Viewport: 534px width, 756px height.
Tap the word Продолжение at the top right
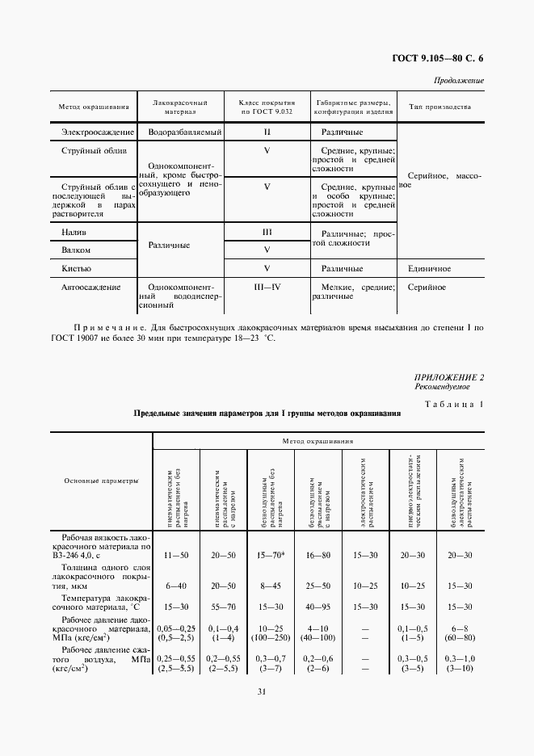[459, 81]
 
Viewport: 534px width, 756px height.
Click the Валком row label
[76, 250]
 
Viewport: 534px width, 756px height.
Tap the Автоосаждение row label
[90, 287]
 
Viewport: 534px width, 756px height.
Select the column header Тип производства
[439, 107]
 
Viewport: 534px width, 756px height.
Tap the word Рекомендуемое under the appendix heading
[441, 387]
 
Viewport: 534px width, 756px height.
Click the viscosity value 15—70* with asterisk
[267, 556]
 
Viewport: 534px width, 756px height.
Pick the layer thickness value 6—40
[175, 585]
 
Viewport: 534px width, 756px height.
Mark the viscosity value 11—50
[175, 556]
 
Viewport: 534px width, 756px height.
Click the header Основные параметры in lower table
[102, 481]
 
